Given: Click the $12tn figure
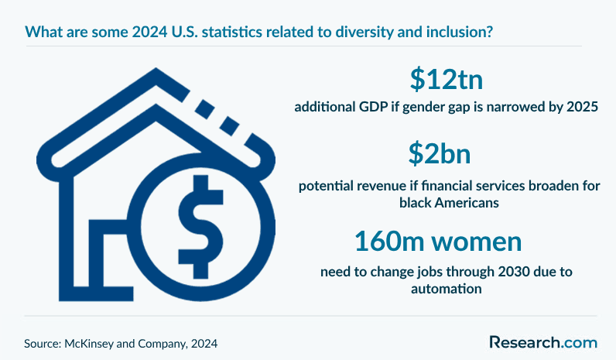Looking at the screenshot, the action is point(447,80).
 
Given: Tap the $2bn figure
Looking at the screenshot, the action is point(440,153).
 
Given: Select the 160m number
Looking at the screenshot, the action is point(389,241).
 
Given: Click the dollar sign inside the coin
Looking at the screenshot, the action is point(200,227).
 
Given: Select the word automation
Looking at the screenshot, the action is point(447,289).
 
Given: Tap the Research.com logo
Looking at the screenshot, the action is point(543,342).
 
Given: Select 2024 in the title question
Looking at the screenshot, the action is point(149,32).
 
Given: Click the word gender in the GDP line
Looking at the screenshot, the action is point(422,108).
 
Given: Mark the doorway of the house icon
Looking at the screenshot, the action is point(95,260).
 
